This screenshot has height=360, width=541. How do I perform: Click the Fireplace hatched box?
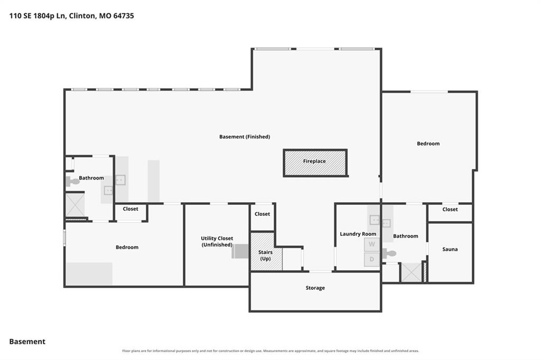click(x=315, y=163)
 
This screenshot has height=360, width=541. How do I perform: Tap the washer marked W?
click(x=371, y=244)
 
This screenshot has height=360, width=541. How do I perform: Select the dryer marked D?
click(x=371, y=259)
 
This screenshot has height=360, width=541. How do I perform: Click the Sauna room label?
click(x=450, y=249)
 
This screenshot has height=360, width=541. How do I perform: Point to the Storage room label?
click(x=315, y=288)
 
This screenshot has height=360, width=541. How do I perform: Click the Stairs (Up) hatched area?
click(x=266, y=251)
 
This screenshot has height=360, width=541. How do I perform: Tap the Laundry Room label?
click(x=358, y=234)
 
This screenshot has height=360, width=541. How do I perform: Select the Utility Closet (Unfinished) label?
click(x=217, y=241)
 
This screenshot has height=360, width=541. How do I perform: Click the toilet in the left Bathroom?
click(x=72, y=182)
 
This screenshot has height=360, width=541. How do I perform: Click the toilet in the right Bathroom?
click(x=389, y=254)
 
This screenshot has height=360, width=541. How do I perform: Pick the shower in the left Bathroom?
click(x=75, y=205)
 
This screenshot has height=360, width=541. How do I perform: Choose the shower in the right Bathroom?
click(x=411, y=272)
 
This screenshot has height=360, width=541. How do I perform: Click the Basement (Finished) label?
click(x=245, y=137)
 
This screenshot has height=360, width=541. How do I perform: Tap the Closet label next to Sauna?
click(x=450, y=210)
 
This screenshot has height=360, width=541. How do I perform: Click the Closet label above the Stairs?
click(x=262, y=214)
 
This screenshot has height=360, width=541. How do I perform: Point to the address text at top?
click(x=71, y=15)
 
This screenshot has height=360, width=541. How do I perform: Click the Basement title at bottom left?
click(x=27, y=342)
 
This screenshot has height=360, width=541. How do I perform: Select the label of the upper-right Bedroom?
click(x=428, y=144)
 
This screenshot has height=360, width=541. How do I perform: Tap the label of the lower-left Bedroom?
click(x=127, y=247)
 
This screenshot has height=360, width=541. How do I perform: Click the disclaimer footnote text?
click(x=270, y=351)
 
